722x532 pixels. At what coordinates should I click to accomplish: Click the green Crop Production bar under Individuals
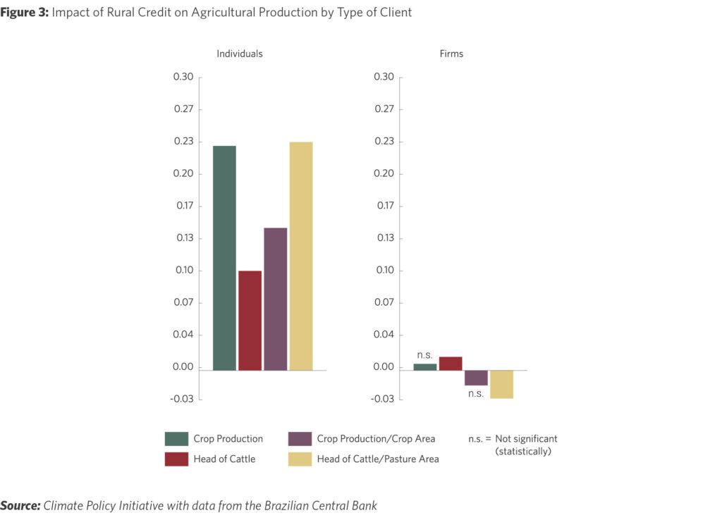(x=224, y=257)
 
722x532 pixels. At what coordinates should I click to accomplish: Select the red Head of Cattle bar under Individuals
(x=250, y=320)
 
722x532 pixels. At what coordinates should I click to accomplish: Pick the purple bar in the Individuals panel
(x=275, y=299)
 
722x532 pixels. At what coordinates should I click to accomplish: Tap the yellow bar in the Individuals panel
(x=301, y=256)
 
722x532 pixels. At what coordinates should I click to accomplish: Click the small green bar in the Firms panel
(x=424, y=366)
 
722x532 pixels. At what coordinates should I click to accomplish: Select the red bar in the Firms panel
(x=451, y=364)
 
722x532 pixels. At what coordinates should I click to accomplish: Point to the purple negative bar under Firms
(x=476, y=378)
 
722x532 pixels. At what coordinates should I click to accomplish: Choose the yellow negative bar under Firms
(x=501, y=384)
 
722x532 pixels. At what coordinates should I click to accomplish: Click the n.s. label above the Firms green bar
(x=424, y=355)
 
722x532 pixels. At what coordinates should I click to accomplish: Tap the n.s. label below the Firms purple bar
(x=476, y=393)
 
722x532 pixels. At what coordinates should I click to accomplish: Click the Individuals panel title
(x=239, y=54)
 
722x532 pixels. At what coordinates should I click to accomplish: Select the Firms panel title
(x=451, y=54)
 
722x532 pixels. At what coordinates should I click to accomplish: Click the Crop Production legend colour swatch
(x=176, y=439)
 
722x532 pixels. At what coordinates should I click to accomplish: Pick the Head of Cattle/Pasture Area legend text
(x=378, y=459)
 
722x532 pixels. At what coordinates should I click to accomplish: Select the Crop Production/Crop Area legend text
(x=376, y=439)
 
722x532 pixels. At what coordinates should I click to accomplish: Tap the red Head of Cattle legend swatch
(x=176, y=459)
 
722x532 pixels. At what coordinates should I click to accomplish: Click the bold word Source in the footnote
(x=20, y=506)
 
